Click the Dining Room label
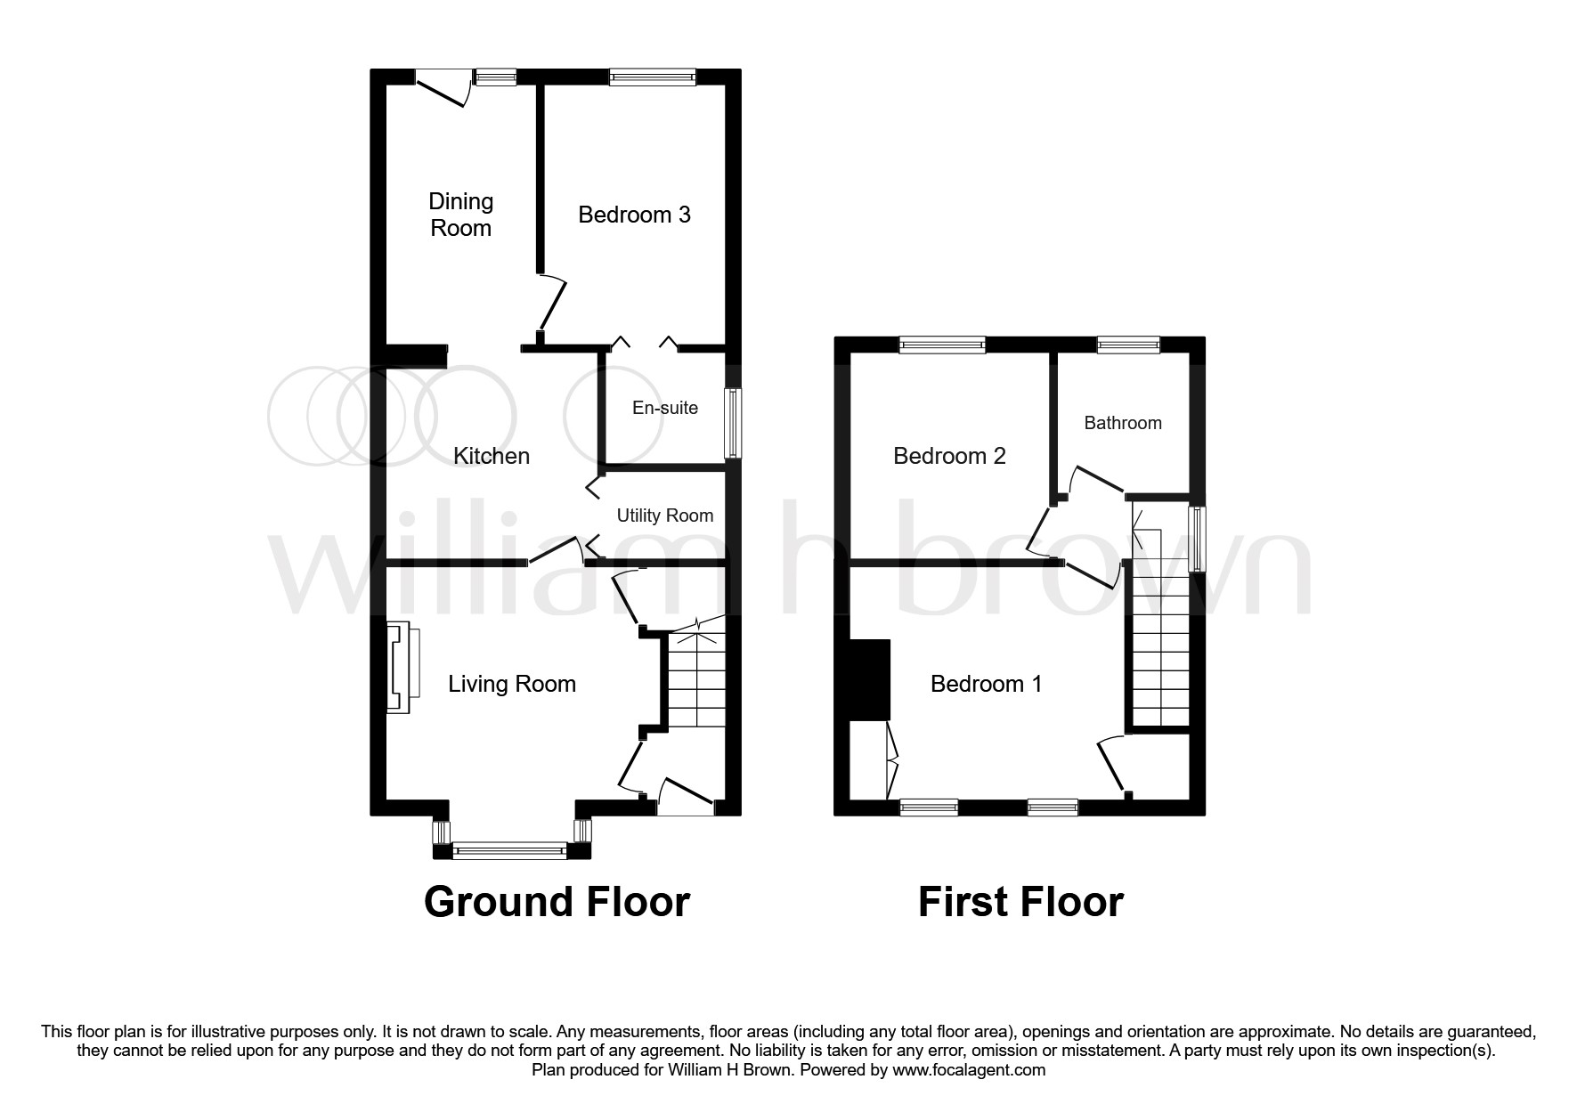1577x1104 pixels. (460, 215)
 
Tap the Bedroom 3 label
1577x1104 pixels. (634, 215)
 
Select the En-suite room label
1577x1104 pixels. (664, 408)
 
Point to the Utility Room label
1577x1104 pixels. (664, 515)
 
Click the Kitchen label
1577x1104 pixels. (492, 456)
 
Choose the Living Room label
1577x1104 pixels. (511, 684)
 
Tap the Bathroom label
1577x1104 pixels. (1122, 423)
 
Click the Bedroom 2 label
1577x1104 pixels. (949, 456)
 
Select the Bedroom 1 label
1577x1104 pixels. (986, 684)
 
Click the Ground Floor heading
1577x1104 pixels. (557, 901)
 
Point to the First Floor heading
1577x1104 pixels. (1020, 901)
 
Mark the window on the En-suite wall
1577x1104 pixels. (733, 423)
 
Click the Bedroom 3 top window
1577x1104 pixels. (652, 78)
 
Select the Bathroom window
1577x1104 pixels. (1128, 345)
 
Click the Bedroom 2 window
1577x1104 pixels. (942, 345)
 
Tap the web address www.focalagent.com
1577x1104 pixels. (968, 1070)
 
